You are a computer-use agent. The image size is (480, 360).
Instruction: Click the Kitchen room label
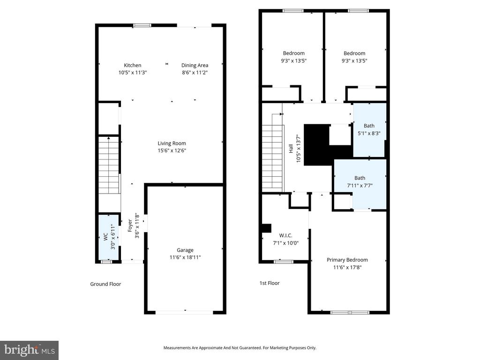[132, 65]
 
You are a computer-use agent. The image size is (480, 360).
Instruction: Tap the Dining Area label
[195, 65]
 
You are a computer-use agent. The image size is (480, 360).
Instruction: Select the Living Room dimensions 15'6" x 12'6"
[172, 150]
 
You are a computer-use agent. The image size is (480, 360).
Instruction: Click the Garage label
[185, 250]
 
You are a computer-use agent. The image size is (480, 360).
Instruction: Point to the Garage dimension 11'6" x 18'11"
[185, 257]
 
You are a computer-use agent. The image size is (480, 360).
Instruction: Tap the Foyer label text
[130, 226]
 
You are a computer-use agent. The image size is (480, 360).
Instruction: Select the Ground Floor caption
[105, 284]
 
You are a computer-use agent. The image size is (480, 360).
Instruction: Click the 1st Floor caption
[270, 283]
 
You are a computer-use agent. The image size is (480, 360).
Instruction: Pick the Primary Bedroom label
[347, 260]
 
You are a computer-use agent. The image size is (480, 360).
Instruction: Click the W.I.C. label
[285, 235]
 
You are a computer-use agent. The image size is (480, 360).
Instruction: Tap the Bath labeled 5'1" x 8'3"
[369, 126]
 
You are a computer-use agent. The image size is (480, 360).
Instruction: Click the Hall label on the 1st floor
[291, 149]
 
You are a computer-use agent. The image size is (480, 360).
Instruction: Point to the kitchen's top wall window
[142, 25]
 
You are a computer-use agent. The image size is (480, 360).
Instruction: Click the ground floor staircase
[109, 164]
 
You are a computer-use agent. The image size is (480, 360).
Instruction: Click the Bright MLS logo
[29, 350]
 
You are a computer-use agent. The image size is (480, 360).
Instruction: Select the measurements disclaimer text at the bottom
[240, 348]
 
